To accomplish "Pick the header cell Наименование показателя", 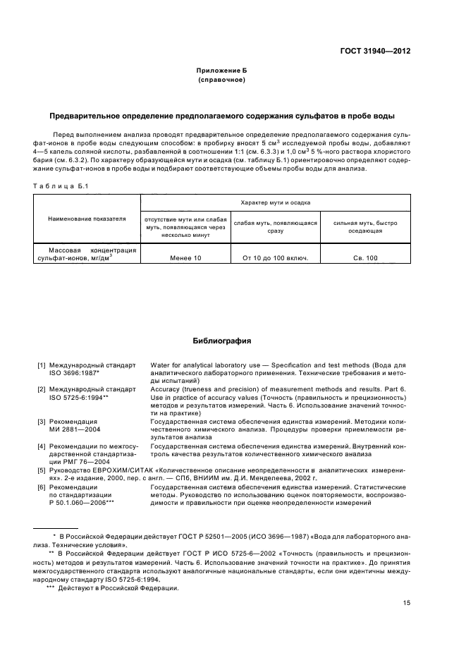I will tap(87, 219).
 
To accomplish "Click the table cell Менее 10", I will tap(185, 258).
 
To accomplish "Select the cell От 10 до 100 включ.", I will tap(275, 258).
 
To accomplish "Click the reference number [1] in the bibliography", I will tap(42, 365).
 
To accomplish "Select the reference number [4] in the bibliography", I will tap(42, 446).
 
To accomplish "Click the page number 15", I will tap(407, 603).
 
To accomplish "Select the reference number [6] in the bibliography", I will tap(42, 487).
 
